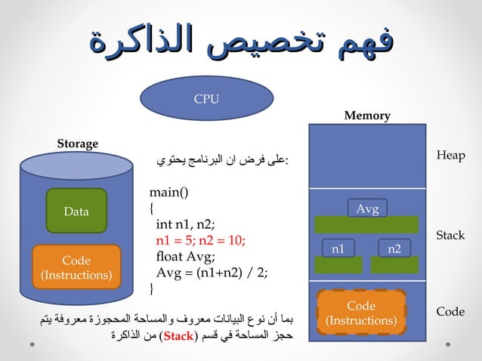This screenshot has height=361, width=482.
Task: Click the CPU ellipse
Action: point(205,99)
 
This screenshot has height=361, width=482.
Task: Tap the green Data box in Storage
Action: point(76,211)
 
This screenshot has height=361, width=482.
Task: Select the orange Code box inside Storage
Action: point(76,267)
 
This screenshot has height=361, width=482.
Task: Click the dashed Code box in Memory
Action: point(360,313)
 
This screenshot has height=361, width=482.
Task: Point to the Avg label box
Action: point(367,208)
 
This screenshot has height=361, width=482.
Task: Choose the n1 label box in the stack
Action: point(338,247)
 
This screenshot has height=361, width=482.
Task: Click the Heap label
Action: point(450,155)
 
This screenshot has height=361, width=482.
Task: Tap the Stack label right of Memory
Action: point(450,235)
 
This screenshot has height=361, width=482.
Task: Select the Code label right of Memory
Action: point(450,311)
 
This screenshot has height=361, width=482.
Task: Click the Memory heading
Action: point(367,116)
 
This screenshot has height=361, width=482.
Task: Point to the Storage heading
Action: point(78,143)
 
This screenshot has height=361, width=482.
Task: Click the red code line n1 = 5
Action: point(200,241)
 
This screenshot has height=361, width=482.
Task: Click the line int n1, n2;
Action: point(186,224)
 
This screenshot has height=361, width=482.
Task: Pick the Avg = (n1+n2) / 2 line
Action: point(212,273)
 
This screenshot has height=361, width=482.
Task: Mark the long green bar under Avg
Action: point(366,225)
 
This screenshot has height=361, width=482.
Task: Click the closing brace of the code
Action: point(152,288)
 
